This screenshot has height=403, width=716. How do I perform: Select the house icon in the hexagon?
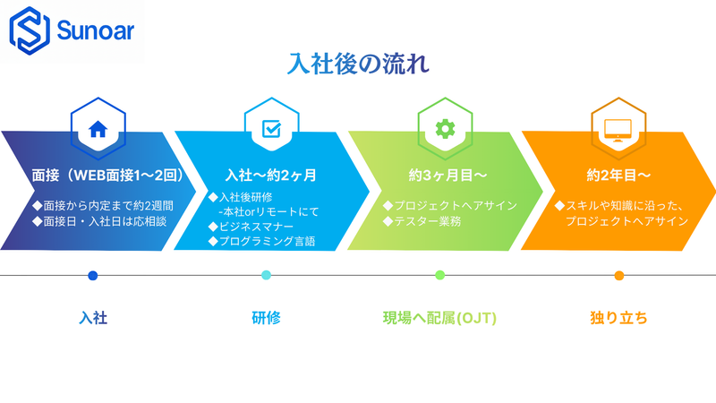(x=98, y=129)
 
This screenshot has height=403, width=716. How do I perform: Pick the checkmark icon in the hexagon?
(x=270, y=129)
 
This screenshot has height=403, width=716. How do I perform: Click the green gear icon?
(x=445, y=129)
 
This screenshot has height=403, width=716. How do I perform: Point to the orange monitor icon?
(x=618, y=129)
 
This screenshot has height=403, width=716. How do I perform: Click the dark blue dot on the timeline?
(x=93, y=275)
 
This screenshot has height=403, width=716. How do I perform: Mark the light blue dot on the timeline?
(x=266, y=275)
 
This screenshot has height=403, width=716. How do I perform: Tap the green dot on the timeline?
(x=439, y=275)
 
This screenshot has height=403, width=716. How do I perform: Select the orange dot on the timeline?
(x=618, y=275)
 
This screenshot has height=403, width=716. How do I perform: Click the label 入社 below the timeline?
(x=93, y=317)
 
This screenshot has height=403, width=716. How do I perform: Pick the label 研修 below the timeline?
(x=266, y=317)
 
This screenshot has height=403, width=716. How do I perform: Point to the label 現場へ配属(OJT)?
(x=439, y=317)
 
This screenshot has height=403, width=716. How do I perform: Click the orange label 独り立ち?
(x=618, y=317)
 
